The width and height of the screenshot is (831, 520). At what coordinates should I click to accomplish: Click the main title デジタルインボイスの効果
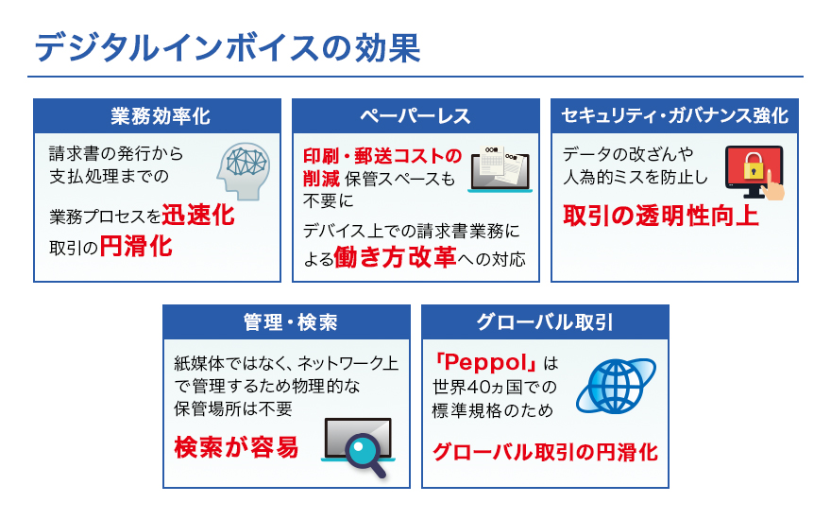pos(228,48)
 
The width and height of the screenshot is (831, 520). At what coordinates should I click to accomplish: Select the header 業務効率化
pos(161,116)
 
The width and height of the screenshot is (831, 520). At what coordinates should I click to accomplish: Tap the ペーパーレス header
pos(415,116)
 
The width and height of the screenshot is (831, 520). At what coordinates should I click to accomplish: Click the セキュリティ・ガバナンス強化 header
pos(674,115)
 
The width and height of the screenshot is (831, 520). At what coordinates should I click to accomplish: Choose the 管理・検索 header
pos(291,322)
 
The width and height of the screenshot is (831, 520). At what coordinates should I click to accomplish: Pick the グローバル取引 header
pos(545,322)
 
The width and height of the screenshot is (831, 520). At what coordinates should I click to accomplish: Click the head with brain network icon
pos(244,171)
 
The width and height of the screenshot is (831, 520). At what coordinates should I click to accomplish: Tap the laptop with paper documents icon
pos(500,168)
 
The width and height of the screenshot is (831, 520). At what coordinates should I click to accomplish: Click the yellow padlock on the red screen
pos(754,165)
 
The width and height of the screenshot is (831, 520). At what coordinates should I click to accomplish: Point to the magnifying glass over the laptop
pos(365,454)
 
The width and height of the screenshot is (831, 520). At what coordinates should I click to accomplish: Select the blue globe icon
pos(617,386)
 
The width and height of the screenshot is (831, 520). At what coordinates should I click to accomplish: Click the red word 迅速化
pos(198,215)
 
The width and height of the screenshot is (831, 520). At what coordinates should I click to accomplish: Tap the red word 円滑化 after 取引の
pos(136,246)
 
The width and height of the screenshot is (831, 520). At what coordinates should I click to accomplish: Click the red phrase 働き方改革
pos(396,257)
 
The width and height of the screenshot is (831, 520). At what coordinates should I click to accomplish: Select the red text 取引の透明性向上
pos(661,216)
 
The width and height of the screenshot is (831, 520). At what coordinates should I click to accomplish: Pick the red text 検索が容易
pos(236,447)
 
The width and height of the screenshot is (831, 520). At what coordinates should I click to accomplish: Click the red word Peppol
pos(483,362)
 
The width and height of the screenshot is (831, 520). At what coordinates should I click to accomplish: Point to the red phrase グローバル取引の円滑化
pos(546,452)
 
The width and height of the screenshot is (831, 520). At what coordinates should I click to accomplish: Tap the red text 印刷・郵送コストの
pos(382,156)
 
